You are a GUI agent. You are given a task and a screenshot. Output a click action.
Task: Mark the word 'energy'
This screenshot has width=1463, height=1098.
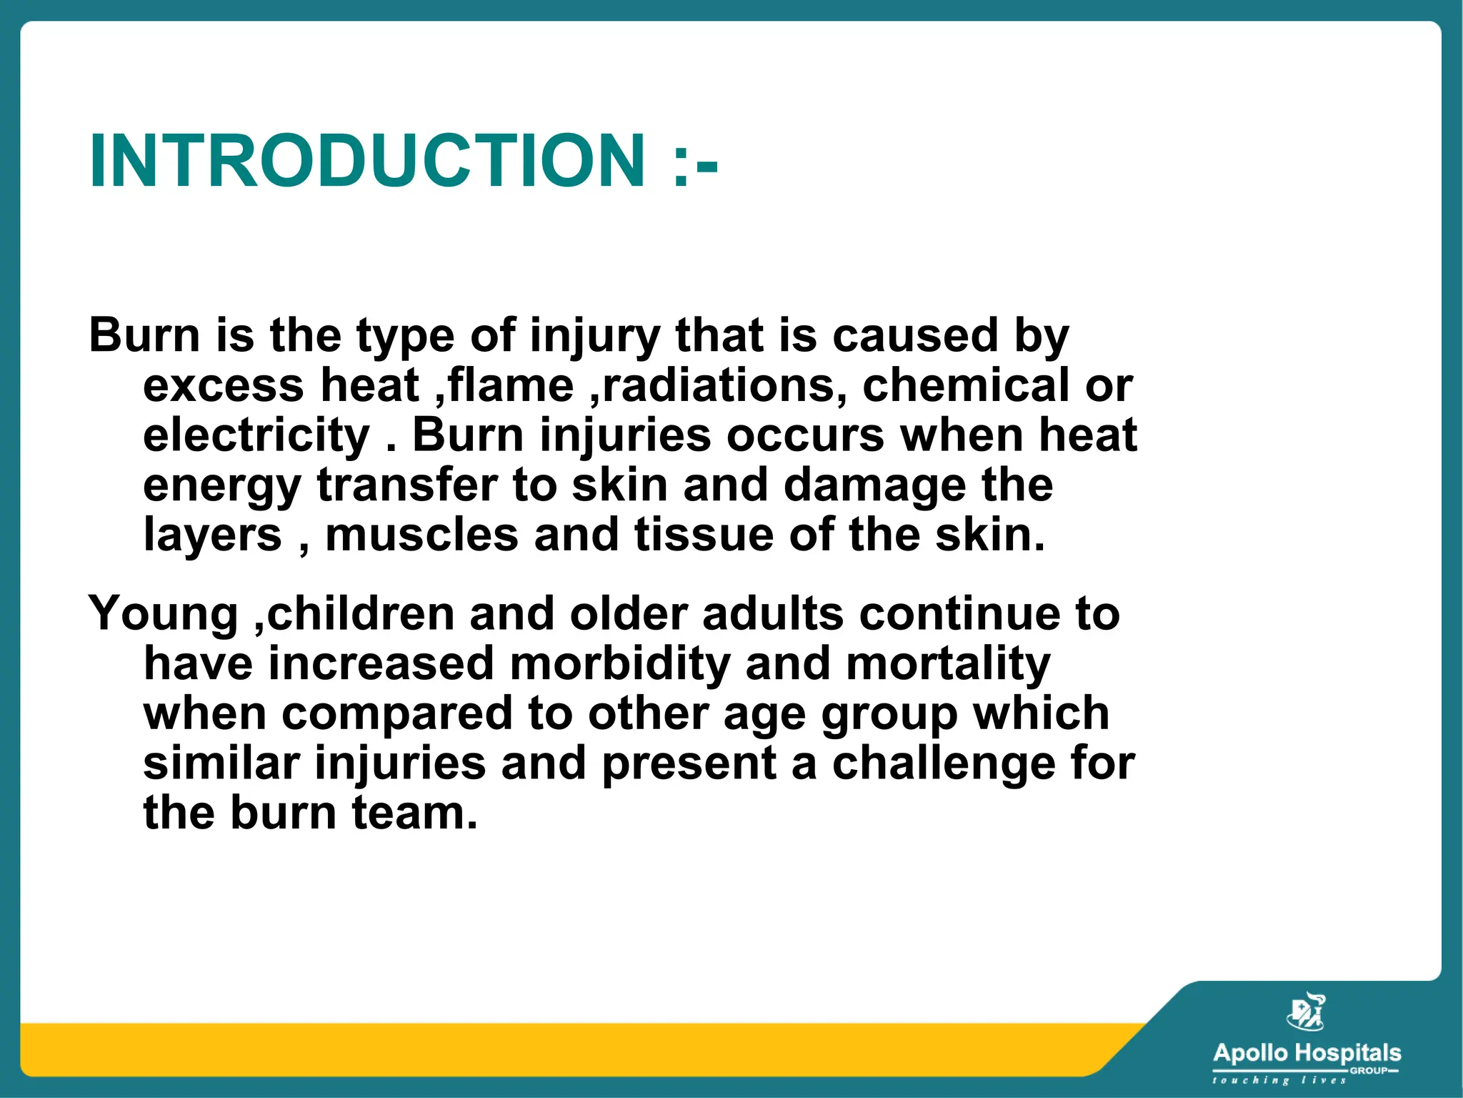click(222, 486)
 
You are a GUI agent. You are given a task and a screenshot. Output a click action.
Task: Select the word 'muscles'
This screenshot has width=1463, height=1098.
click(421, 535)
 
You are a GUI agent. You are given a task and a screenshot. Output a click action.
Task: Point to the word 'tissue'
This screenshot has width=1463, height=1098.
click(704, 535)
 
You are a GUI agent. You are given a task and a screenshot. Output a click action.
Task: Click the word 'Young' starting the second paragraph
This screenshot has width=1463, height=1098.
click(164, 614)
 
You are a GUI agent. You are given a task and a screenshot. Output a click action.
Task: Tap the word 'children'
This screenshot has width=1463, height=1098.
click(361, 613)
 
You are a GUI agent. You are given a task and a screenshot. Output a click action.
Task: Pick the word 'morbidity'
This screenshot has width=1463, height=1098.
click(620, 664)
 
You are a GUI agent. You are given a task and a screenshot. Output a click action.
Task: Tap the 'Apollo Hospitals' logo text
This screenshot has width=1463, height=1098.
click(1307, 1052)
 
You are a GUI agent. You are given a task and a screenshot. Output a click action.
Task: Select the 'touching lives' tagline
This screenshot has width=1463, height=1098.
click(1279, 1080)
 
